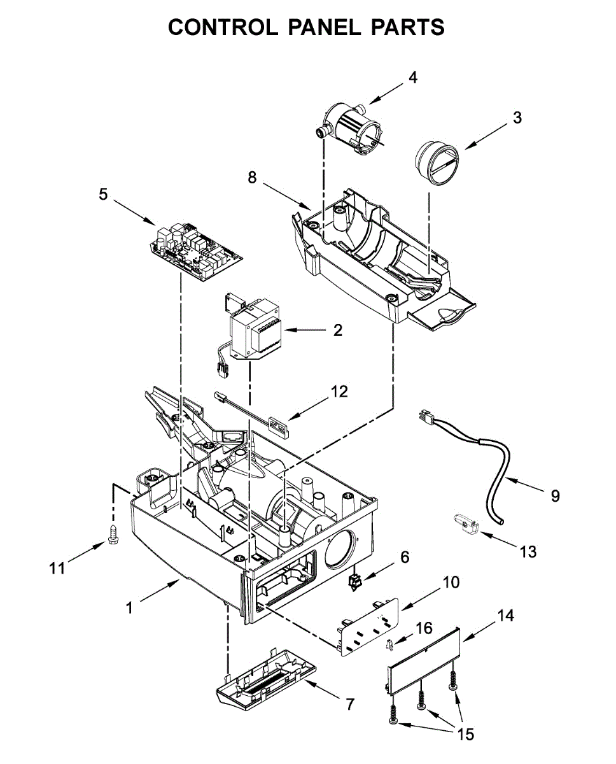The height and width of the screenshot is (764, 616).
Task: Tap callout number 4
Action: [412, 78]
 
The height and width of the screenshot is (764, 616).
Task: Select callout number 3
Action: [517, 117]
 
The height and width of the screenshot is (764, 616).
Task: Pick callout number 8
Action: [252, 178]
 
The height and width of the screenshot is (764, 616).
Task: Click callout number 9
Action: [554, 495]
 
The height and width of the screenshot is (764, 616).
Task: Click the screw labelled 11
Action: [114, 535]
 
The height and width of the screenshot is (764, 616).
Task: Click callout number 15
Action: [466, 734]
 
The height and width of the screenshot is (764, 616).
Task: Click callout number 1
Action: [129, 608]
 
